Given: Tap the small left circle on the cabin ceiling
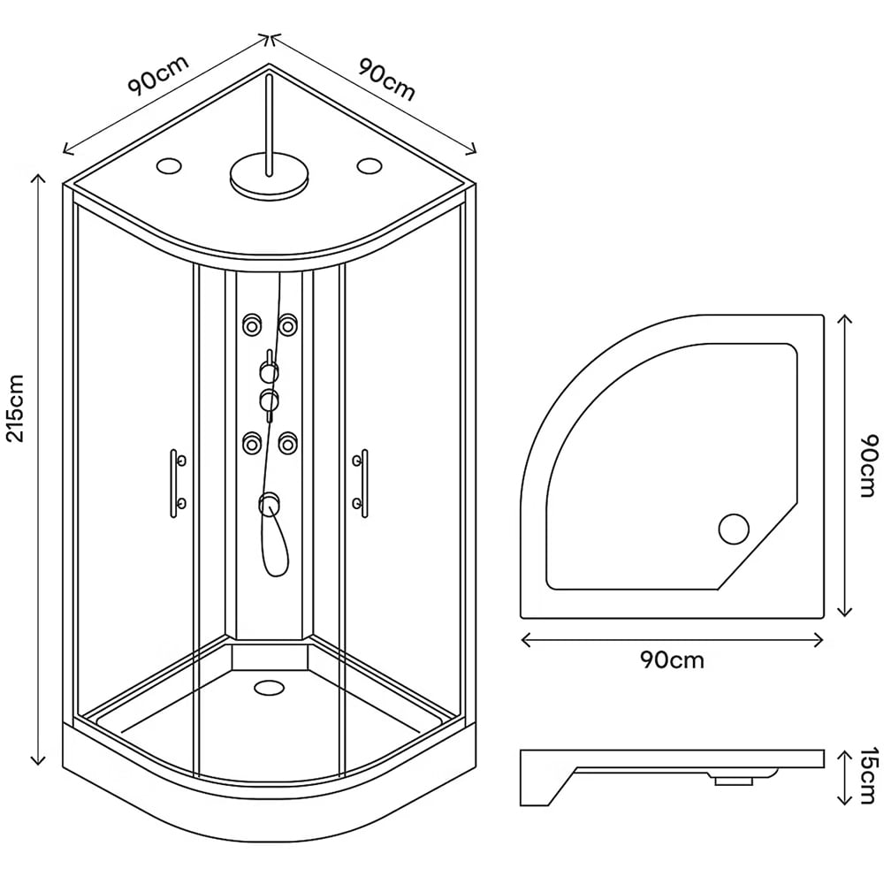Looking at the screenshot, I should click(x=167, y=165).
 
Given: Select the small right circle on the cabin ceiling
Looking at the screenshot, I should click(x=369, y=165).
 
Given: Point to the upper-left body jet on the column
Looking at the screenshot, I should click(x=252, y=325).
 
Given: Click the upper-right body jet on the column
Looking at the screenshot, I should click(x=286, y=325).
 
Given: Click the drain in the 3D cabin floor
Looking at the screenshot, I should click(x=266, y=687).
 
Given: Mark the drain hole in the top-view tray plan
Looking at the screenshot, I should click(x=733, y=529).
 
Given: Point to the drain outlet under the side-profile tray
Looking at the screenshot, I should click(x=731, y=780).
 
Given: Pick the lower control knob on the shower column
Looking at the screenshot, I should click(x=268, y=400).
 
